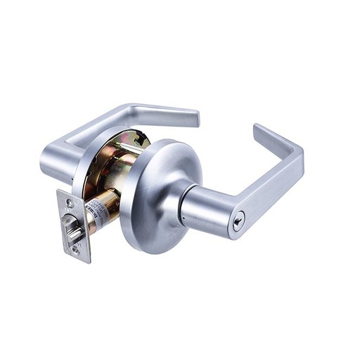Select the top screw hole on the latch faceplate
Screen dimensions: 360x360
(x=69, y=204)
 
